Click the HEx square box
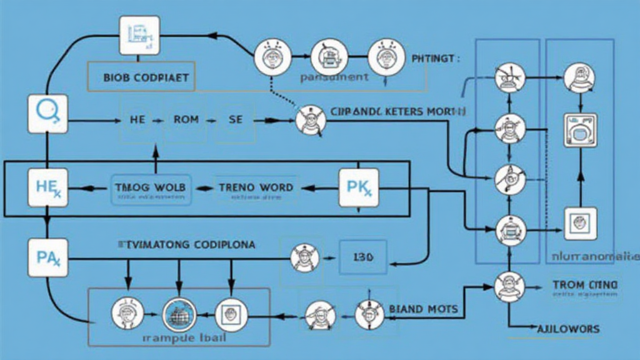[x=47, y=187]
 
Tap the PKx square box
[x=358, y=187]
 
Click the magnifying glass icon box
[x=47, y=114]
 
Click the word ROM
[x=186, y=119]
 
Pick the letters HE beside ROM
[x=137, y=119]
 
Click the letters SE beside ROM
[x=235, y=119]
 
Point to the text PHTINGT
[x=436, y=59]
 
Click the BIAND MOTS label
[x=423, y=309]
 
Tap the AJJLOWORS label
[x=569, y=329]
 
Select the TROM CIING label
[x=585, y=285]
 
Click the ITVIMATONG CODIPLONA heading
[x=186, y=245]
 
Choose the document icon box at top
[x=139, y=35]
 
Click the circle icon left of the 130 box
[x=305, y=257]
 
